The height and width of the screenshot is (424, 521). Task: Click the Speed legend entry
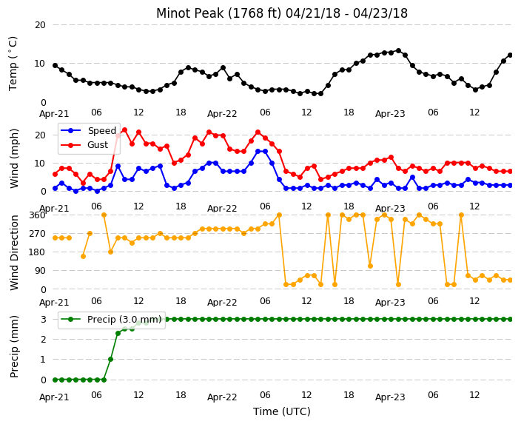point(89,130)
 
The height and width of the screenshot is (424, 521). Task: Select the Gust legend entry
point(84,145)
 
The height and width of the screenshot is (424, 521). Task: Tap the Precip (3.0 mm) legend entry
point(111,320)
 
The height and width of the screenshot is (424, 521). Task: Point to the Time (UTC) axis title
point(282,411)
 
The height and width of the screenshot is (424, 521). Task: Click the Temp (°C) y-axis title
point(13,64)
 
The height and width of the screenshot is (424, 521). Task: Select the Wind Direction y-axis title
point(14,252)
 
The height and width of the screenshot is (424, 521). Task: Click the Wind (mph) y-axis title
point(14,158)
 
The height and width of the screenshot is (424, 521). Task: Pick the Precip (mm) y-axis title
point(14,346)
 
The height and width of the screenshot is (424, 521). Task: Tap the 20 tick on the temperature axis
point(40,25)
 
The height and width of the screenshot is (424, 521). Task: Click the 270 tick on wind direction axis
point(37,234)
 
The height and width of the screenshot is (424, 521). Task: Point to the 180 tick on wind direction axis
point(37,252)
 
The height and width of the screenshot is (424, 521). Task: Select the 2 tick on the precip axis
point(43,339)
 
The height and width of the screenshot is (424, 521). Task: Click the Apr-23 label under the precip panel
point(390,397)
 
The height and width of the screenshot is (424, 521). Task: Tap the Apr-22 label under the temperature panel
point(222,114)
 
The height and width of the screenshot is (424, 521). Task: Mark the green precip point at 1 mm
point(111,359)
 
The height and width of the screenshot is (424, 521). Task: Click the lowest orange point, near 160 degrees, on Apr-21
point(83,256)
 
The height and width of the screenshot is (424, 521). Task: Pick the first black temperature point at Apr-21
point(56,65)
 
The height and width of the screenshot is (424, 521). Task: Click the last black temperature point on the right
point(511,55)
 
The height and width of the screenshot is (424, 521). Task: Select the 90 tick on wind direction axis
point(40,271)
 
